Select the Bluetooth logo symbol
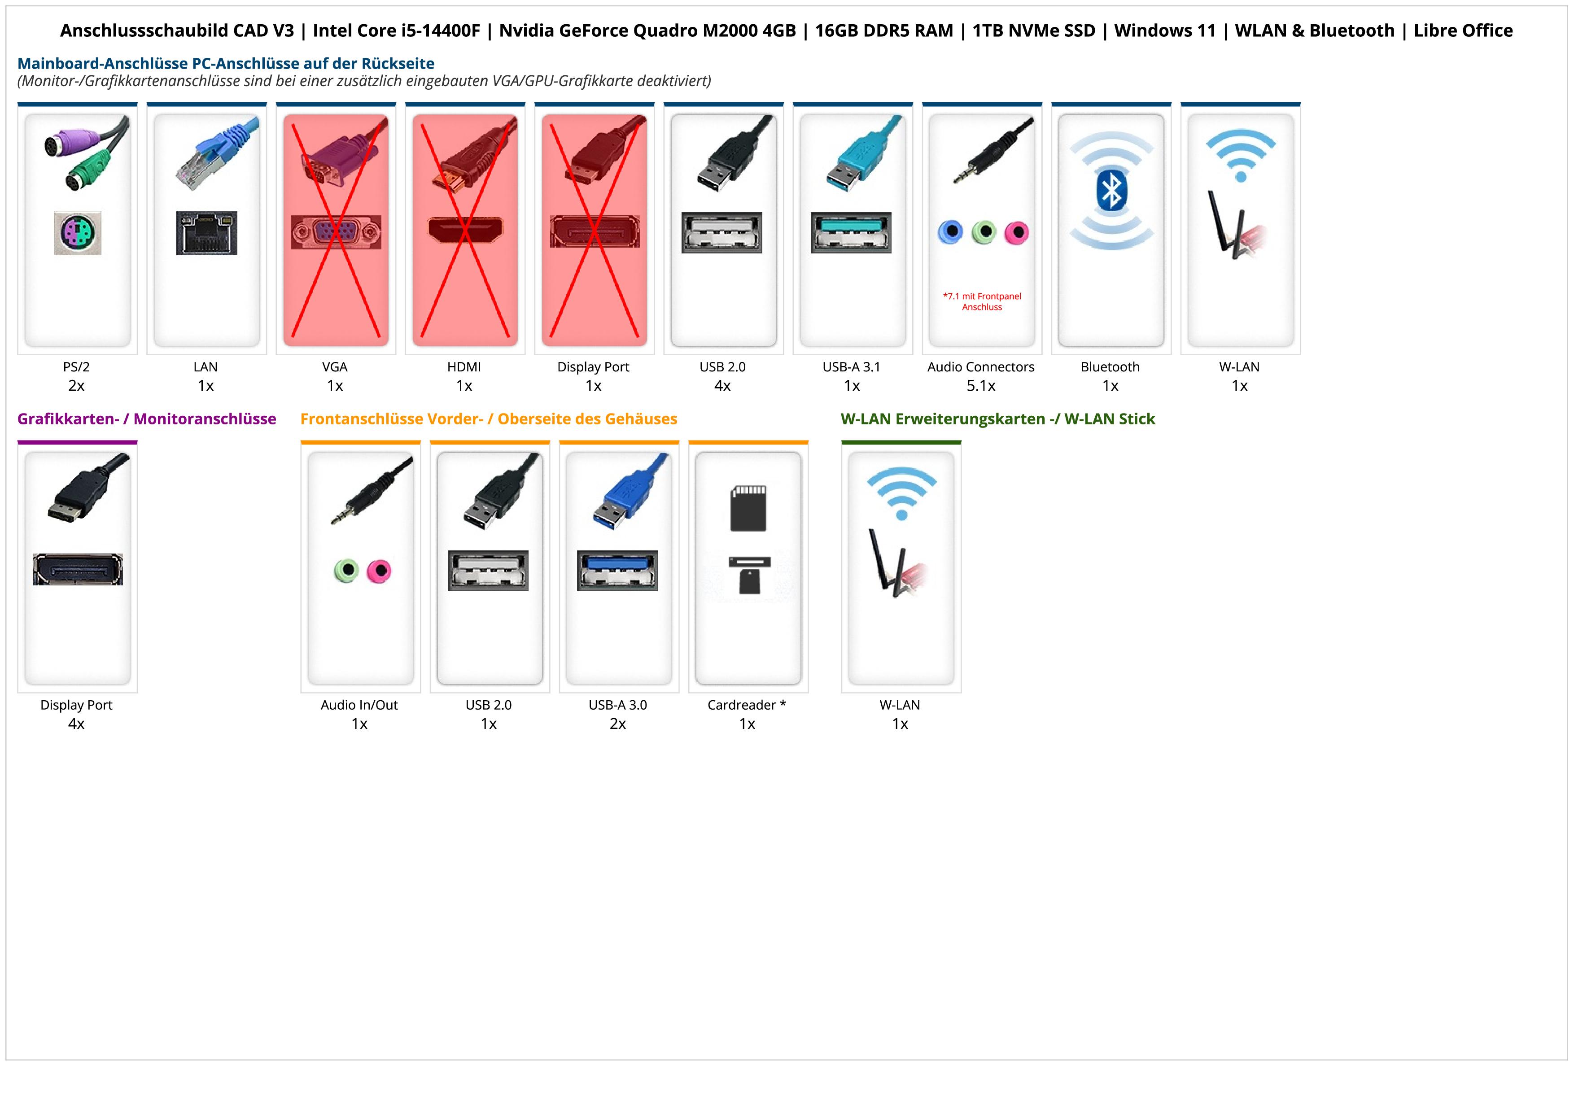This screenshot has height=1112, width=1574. coord(1111,191)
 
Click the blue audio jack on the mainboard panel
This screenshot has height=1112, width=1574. coord(950,232)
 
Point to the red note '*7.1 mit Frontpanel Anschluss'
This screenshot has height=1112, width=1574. coord(982,301)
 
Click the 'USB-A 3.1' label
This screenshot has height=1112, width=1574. coord(852,367)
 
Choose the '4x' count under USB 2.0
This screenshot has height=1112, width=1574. coord(722,386)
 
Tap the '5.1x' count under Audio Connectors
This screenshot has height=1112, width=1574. coord(981,386)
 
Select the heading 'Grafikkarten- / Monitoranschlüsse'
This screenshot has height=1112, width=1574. coord(147,419)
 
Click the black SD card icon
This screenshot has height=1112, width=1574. coord(748,508)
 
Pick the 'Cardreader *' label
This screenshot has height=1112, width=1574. coord(747,705)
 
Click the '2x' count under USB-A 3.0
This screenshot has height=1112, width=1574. coord(618,724)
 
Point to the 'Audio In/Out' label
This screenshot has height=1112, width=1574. coord(359,705)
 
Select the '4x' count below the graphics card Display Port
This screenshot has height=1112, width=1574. coord(76,724)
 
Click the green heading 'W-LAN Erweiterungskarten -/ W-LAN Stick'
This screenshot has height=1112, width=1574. coord(997,419)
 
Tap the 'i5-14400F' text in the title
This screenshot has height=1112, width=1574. coord(441,31)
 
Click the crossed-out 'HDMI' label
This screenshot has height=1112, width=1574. coord(464,367)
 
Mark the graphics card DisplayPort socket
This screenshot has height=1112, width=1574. coord(78,569)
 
